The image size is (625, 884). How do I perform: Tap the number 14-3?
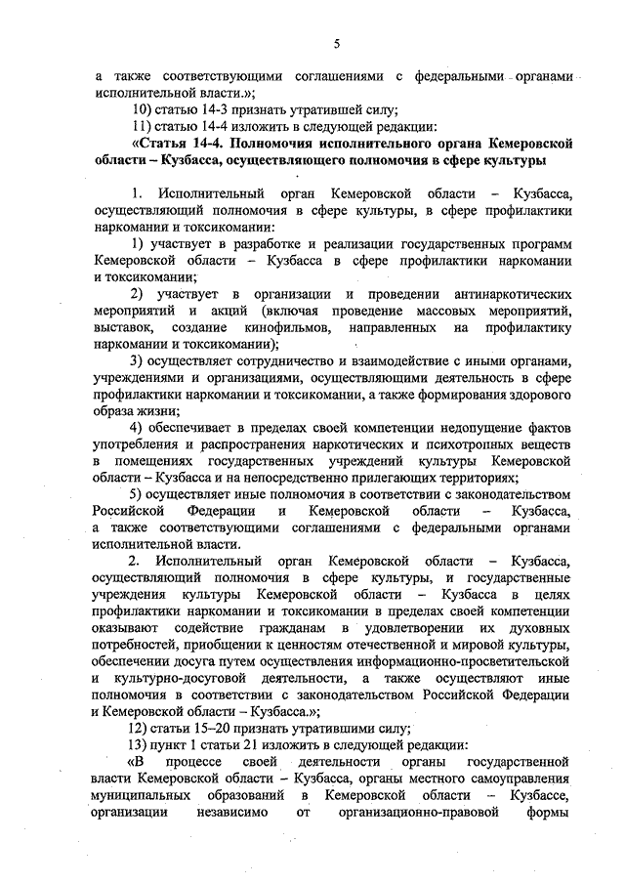click(x=228, y=108)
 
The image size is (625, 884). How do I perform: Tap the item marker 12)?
click(x=144, y=730)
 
